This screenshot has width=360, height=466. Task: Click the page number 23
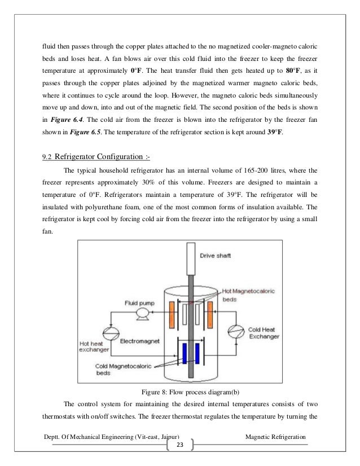[180, 445]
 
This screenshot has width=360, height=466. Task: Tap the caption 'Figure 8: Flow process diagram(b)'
[180, 393]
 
